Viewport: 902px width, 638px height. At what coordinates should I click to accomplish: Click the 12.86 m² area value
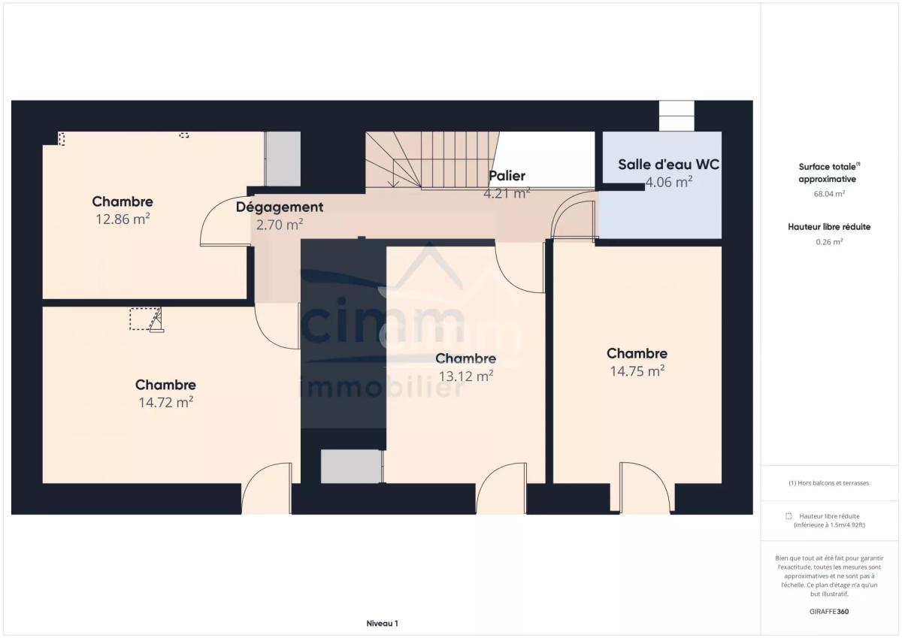point(123,219)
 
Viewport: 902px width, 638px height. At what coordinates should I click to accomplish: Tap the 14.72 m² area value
point(166,403)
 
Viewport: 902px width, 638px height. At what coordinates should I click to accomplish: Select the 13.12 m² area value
point(466,376)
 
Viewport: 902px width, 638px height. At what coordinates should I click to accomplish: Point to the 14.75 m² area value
point(637,371)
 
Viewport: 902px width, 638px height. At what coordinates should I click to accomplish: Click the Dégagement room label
point(280,207)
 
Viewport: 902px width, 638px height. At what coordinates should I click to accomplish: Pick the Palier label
point(507,176)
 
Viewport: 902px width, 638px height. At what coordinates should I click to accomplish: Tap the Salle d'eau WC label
point(668,165)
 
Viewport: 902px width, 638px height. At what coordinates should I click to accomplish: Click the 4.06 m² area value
point(669,183)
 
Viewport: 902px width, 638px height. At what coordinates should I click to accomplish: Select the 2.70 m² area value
point(280,225)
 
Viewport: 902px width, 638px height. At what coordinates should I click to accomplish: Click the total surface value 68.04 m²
point(829,194)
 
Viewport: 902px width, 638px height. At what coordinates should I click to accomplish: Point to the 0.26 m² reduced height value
point(829,242)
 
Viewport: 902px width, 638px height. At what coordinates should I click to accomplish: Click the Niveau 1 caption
point(382,624)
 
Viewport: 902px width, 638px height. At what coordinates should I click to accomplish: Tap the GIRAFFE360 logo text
point(829,612)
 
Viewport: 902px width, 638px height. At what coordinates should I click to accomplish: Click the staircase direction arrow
point(393,173)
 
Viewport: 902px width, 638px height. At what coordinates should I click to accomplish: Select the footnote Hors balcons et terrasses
point(828,483)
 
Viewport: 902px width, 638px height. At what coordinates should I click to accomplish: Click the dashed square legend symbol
point(788,516)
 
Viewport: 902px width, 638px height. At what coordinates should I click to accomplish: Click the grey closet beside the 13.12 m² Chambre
point(351,466)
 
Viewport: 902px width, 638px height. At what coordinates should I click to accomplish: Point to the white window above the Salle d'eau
point(676,116)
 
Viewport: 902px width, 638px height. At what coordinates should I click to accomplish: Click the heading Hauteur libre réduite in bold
point(829,227)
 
